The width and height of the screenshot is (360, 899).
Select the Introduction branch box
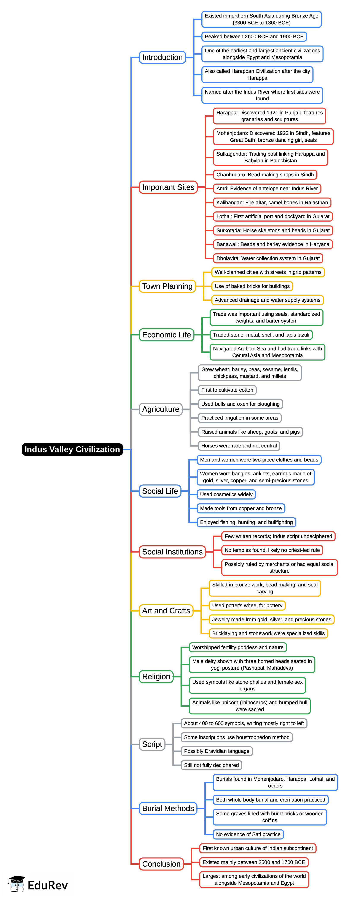coord(162,57)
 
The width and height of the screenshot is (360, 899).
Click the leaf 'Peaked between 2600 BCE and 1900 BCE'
coord(254,37)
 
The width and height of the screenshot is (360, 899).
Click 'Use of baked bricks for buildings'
coord(252,286)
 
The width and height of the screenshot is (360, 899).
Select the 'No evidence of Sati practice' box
coord(248,834)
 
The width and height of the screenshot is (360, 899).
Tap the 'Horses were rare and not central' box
coord(239,446)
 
